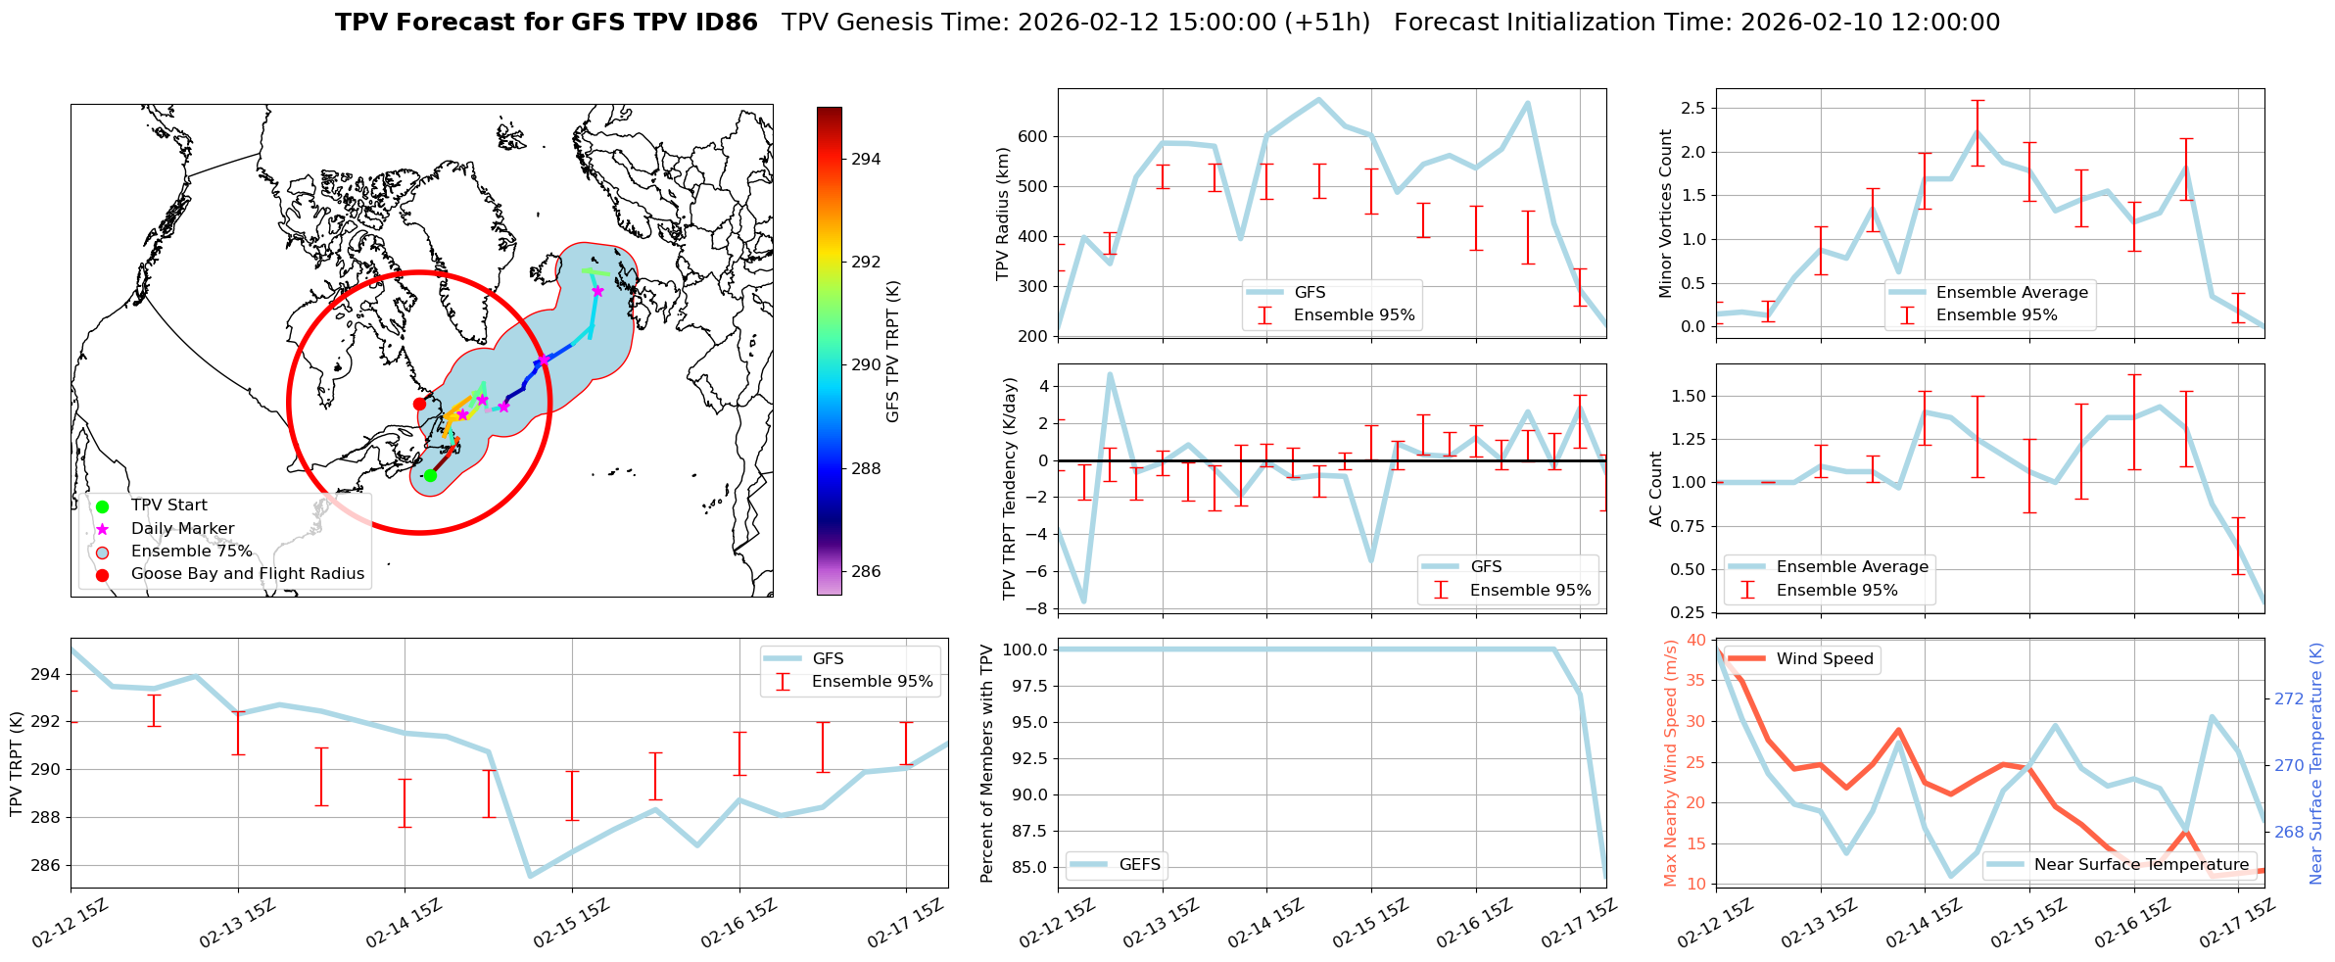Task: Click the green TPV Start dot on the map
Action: pos(430,475)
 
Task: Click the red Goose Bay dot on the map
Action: pos(419,404)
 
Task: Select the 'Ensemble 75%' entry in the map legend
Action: pos(191,552)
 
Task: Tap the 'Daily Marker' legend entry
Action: pos(182,529)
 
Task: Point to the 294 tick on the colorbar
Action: pos(866,159)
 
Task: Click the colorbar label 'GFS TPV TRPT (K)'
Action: pos(892,352)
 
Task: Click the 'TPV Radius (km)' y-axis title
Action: pos(1002,213)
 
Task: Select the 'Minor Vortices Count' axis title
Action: pos(1665,213)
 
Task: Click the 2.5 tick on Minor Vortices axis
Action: pos(1692,108)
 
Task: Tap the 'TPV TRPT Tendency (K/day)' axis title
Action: pos(1010,488)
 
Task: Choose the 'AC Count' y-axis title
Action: pos(1656,488)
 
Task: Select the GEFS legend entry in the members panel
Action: pos(1139,864)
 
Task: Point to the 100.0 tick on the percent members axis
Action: pos(1027,649)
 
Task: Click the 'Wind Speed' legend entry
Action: pos(1824,659)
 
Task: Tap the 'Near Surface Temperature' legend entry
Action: pos(2141,864)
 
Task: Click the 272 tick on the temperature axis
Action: pos(2289,698)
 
